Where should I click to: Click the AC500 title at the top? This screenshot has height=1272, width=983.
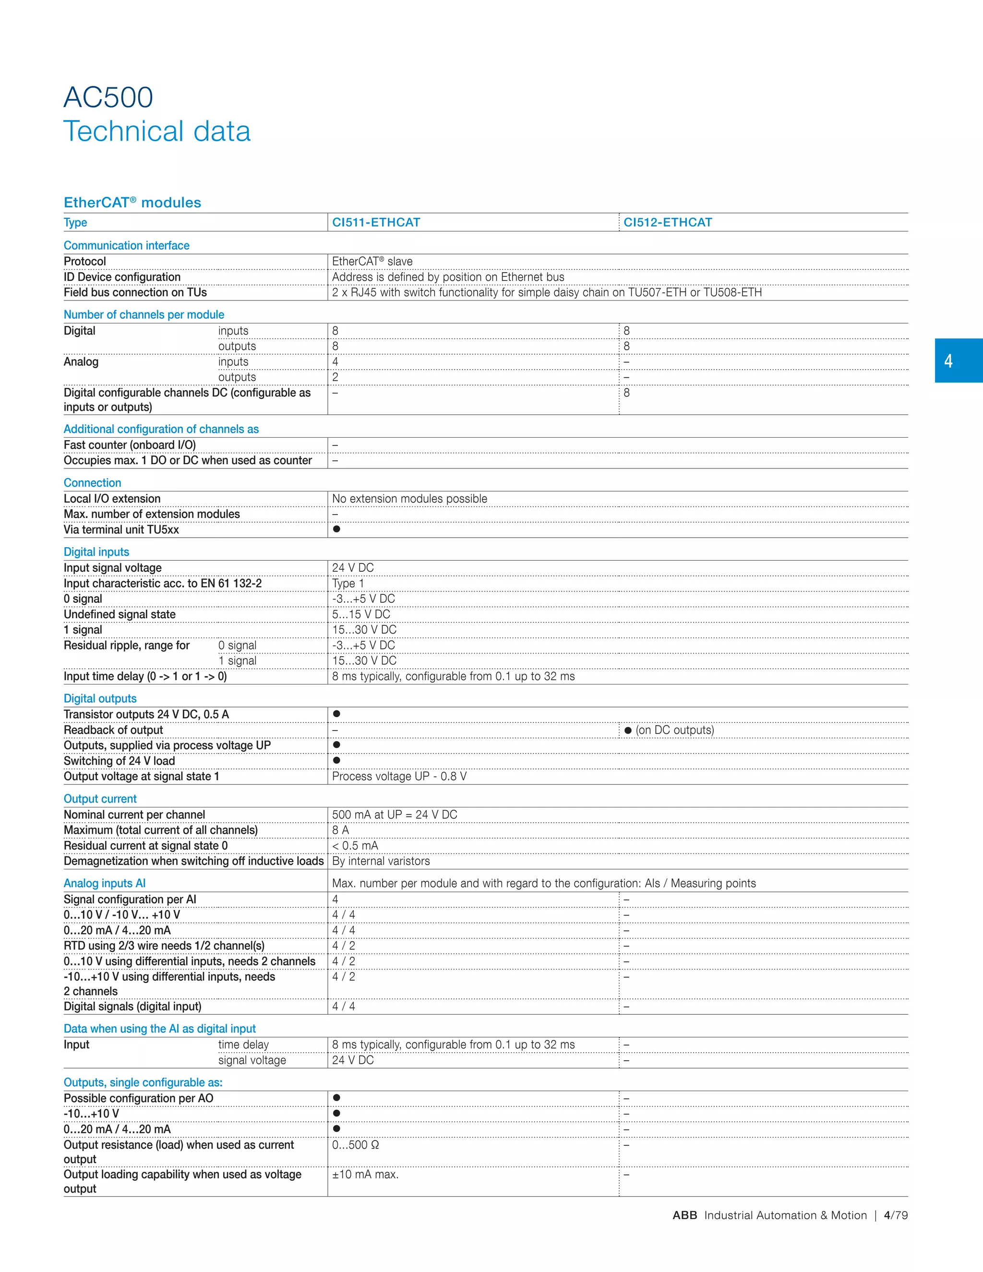click(108, 97)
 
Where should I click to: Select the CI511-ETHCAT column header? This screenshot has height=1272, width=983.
click(376, 223)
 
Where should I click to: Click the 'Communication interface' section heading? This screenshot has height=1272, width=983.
click(126, 246)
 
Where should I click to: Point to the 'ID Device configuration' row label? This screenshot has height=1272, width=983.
click(122, 277)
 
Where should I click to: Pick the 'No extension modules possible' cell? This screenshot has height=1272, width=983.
click(409, 499)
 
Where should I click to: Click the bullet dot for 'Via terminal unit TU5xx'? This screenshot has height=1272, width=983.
click(336, 529)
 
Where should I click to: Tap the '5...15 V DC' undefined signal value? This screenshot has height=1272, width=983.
click(361, 614)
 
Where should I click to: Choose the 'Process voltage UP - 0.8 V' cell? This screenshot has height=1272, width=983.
click(399, 776)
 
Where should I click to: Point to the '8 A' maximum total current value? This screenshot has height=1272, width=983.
click(340, 830)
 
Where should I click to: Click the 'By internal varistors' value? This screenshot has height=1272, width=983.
click(381, 861)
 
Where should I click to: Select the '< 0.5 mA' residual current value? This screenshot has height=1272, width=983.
click(355, 846)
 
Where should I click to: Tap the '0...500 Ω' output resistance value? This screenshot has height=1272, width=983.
click(355, 1145)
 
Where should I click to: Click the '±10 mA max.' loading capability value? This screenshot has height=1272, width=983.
click(365, 1175)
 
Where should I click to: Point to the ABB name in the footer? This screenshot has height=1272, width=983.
click(684, 1215)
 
